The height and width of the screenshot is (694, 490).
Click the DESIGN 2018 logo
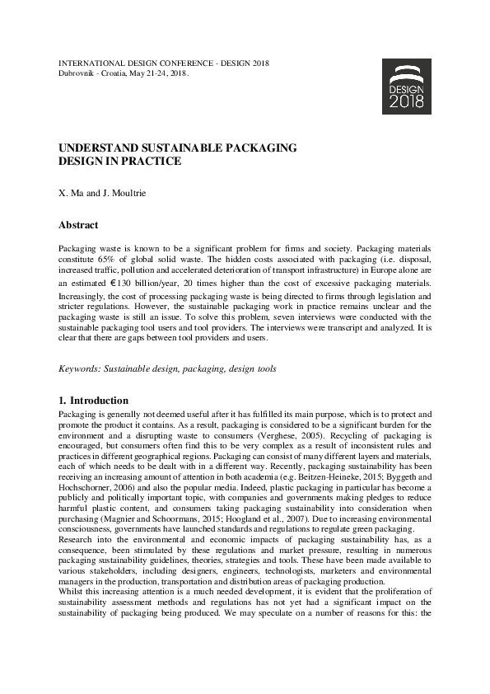(x=407, y=87)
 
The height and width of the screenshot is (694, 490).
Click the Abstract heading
(x=78, y=225)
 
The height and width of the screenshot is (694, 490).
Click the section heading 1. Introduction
(x=93, y=401)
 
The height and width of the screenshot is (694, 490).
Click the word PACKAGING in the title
(x=257, y=148)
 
